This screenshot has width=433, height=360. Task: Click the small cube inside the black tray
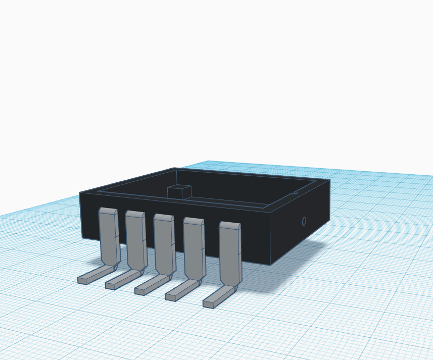click(179, 191)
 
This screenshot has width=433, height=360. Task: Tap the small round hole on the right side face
click(304, 221)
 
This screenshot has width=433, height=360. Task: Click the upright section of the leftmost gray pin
click(109, 237)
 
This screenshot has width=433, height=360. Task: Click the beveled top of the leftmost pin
click(108, 210)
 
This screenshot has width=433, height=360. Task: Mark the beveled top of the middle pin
click(163, 217)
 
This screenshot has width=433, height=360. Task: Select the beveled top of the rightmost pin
click(229, 225)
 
